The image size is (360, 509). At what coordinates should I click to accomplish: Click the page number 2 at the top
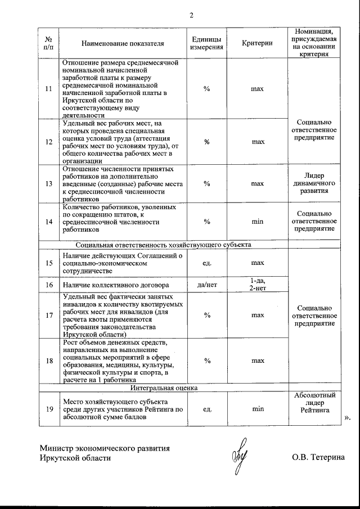(191, 15)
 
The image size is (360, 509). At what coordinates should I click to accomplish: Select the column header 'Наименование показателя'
(123, 43)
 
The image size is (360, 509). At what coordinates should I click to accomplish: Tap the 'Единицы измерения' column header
(206, 43)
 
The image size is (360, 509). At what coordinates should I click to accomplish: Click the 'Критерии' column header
(257, 43)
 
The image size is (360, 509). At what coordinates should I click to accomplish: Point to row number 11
(48, 89)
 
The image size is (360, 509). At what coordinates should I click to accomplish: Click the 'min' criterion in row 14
(257, 222)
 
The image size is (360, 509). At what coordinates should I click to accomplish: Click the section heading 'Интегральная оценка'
(162, 388)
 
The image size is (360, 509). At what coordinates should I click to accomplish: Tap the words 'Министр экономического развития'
(105, 448)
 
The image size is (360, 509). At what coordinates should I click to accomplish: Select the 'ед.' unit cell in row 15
(206, 263)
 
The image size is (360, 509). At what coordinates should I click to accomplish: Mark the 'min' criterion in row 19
(257, 409)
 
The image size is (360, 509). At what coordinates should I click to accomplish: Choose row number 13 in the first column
(48, 183)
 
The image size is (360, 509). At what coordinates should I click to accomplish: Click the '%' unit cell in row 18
(206, 361)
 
